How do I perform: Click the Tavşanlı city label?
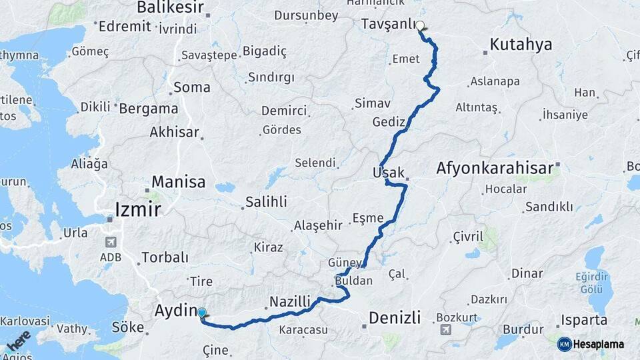point(388,24)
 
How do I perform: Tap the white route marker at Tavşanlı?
point(421,27)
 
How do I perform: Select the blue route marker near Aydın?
point(202,313)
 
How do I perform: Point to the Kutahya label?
point(521,45)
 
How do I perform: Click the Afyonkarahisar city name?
point(495,168)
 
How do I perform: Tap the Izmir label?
point(138,209)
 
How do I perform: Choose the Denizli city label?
point(396,317)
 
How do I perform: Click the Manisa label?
point(179,181)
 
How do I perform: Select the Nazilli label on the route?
point(290,301)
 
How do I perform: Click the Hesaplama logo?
point(591,344)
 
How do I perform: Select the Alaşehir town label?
point(318,226)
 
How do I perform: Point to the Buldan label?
point(354,281)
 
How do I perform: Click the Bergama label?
point(149,108)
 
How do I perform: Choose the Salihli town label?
point(266,201)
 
